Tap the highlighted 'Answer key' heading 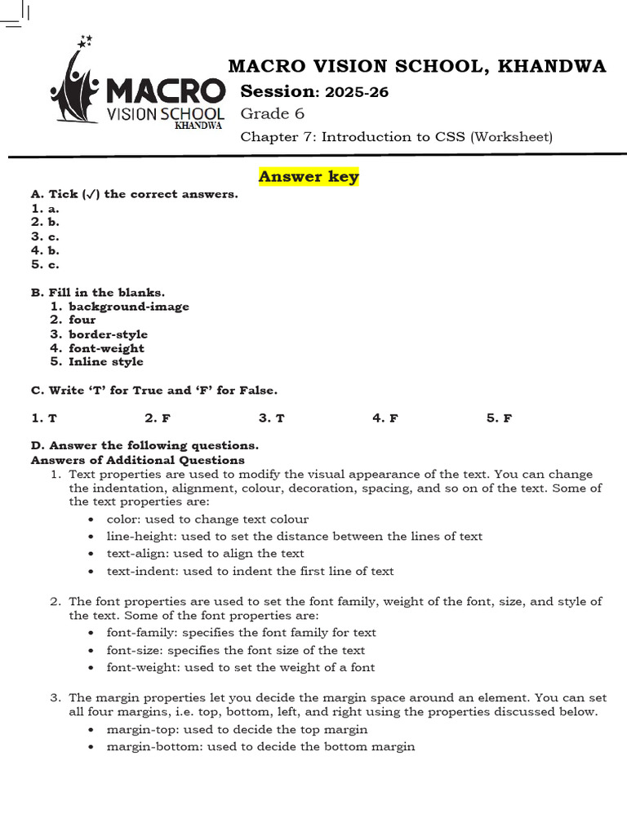pyautogui.click(x=309, y=177)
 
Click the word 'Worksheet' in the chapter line pyautogui.click(x=510, y=136)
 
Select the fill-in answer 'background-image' pyautogui.click(x=129, y=307)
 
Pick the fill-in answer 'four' pyautogui.click(x=82, y=320)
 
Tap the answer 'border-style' pyautogui.click(x=109, y=334)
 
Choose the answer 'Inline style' pyautogui.click(x=106, y=362)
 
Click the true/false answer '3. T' pyautogui.click(x=271, y=418)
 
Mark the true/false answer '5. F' pyautogui.click(x=499, y=418)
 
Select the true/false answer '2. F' pyautogui.click(x=158, y=418)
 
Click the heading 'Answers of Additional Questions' pyautogui.click(x=137, y=460)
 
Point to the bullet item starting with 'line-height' pyautogui.click(x=294, y=537)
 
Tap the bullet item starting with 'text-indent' pyautogui.click(x=250, y=572)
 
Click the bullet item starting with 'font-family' pyautogui.click(x=241, y=633)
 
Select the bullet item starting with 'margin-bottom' pyautogui.click(x=260, y=746)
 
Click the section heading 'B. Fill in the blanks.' pyautogui.click(x=98, y=292)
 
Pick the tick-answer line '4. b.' pyautogui.click(x=45, y=250)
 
